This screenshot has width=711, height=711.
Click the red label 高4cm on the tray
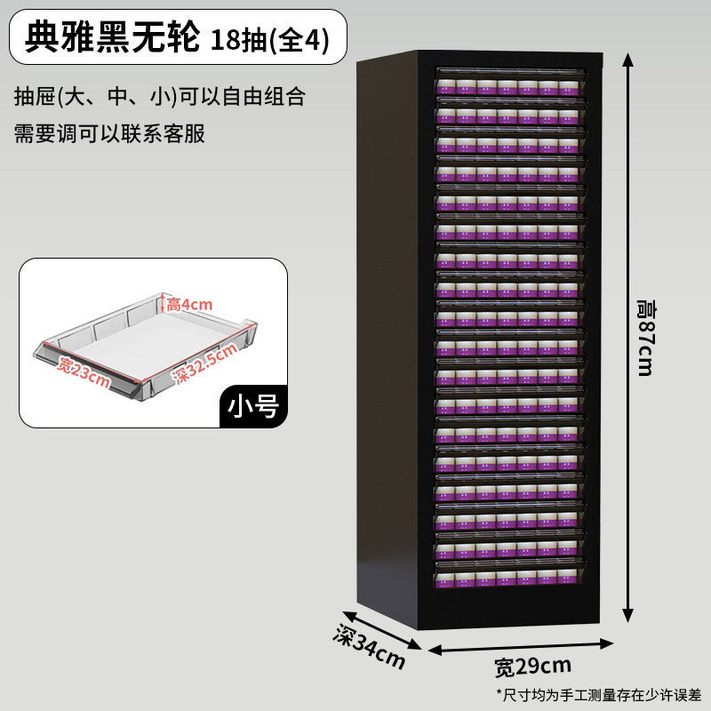point(189,305)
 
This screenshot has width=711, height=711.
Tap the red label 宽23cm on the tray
point(84,372)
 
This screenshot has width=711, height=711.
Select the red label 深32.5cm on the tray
point(205,363)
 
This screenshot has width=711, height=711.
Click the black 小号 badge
point(253,405)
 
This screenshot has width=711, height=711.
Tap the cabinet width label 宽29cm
point(533,665)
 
